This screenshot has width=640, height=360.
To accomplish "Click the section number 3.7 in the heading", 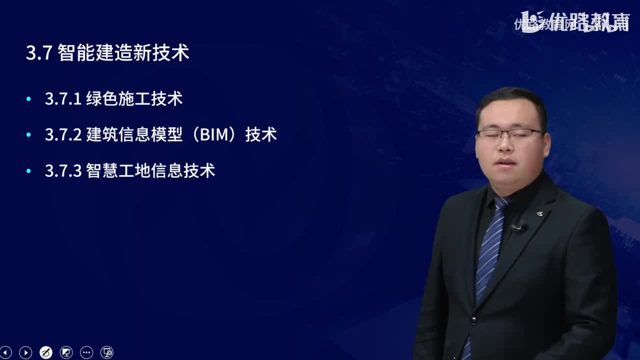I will pyautogui.click(x=39, y=53).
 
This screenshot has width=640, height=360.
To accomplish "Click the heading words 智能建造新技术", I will pyautogui.click(x=123, y=53).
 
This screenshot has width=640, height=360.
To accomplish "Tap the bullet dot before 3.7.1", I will pyautogui.click(x=28, y=99).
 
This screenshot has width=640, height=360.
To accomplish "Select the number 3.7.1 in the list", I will pyautogui.click(x=63, y=99).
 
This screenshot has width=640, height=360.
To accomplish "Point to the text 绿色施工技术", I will pyautogui.click(x=134, y=99).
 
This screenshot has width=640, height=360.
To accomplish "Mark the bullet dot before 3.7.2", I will pyautogui.click(x=28, y=135).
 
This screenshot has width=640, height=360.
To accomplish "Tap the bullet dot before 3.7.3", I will pyautogui.click(x=28, y=171).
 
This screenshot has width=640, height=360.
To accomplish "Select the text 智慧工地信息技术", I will pyautogui.click(x=150, y=171).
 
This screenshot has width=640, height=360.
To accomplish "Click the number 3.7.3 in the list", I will pyautogui.click(x=63, y=171).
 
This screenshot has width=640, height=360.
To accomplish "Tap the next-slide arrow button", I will pyautogui.click(x=25, y=352).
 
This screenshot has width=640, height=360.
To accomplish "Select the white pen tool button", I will pyautogui.click(x=45, y=352).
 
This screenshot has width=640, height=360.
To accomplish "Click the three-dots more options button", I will pyautogui.click(x=86, y=352).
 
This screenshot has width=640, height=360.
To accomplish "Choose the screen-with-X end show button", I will pyautogui.click(x=107, y=352).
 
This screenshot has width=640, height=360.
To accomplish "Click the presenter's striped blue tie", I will pyautogui.click(x=489, y=250).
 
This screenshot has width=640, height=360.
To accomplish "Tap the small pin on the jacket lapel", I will pyautogui.click(x=539, y=214).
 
